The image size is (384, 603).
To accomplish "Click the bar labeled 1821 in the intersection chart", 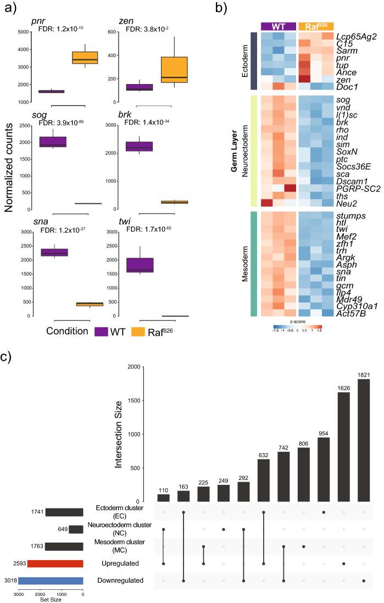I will tap(364, 440).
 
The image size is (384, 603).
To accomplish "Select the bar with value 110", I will tap(163, 498).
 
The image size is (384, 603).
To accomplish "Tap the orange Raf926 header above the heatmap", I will tap(315, 26).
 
